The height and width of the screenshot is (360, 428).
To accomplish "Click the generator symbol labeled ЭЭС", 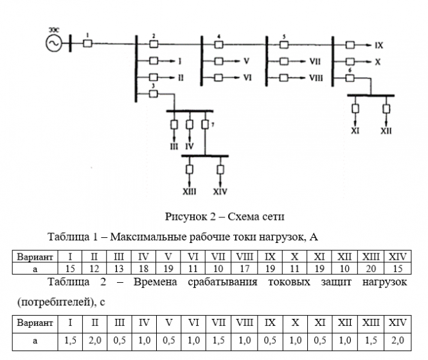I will pos(51,43).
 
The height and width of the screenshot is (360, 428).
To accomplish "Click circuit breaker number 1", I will pos(88,43).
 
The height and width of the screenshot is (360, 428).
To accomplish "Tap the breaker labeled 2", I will pos(154,44).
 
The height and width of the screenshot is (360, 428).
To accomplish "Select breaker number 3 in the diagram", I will pos(154,94).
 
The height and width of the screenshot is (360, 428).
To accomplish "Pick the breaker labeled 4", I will pos(219,44).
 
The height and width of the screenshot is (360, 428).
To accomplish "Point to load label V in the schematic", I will pos(246,62).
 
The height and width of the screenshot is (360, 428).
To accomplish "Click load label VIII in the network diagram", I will pos(316,78).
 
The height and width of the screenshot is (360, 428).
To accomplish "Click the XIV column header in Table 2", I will pos(397,321).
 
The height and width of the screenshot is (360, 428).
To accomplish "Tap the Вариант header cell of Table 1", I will pos(30,261).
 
